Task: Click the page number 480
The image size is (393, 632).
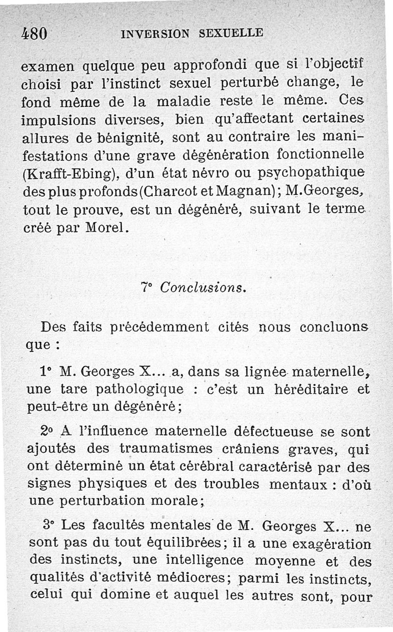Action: [34, 33]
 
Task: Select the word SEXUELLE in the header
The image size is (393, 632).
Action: [232, 33]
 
